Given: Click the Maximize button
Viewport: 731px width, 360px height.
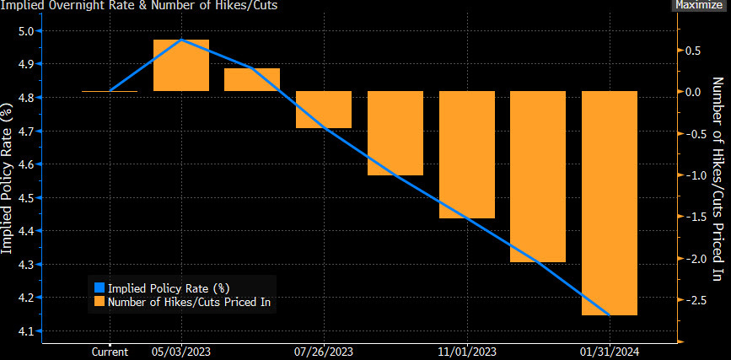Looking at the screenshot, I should (699, 5).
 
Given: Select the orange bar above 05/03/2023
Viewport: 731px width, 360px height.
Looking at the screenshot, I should (181, 66).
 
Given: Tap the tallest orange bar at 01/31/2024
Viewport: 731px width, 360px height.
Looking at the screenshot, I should (610, 202).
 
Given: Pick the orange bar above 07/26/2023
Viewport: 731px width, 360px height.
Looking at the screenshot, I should (324, 110).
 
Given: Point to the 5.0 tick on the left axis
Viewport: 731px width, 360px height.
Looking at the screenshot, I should (27, 31).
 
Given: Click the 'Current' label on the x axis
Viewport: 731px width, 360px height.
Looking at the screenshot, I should (110, 352).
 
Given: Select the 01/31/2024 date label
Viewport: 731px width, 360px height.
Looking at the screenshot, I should (610, 352).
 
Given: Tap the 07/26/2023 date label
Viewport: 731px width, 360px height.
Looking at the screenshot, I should (324, 352).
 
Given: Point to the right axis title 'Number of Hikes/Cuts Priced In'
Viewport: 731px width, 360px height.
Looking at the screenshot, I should (719, 179).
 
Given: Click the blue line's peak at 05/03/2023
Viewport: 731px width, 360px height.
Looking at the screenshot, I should (181, 40).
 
